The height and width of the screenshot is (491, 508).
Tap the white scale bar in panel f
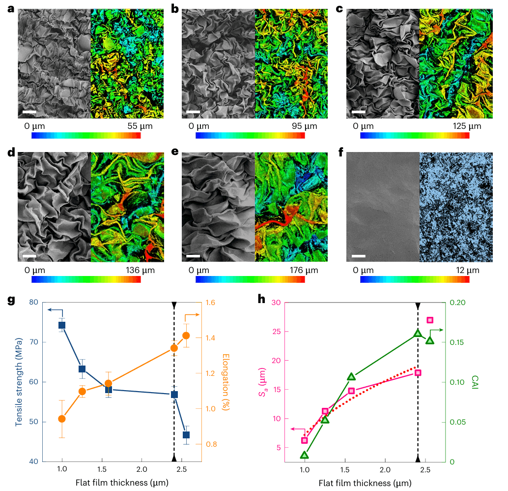[x=359, y=256]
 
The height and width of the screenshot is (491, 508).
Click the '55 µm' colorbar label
[x=140, y=126]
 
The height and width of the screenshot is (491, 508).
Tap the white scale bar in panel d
[x=29, y=256]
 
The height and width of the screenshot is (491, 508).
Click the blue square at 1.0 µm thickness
[x=62, y=325]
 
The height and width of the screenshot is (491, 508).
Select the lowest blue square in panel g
[x=186, y=435]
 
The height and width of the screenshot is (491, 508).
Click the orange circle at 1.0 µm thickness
[x=62, y=419]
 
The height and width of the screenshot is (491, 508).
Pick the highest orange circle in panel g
[x=186, y=336]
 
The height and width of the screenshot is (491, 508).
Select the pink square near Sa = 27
[x=430, y=320]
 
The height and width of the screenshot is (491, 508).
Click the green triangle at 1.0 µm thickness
[x=305, y=455]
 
